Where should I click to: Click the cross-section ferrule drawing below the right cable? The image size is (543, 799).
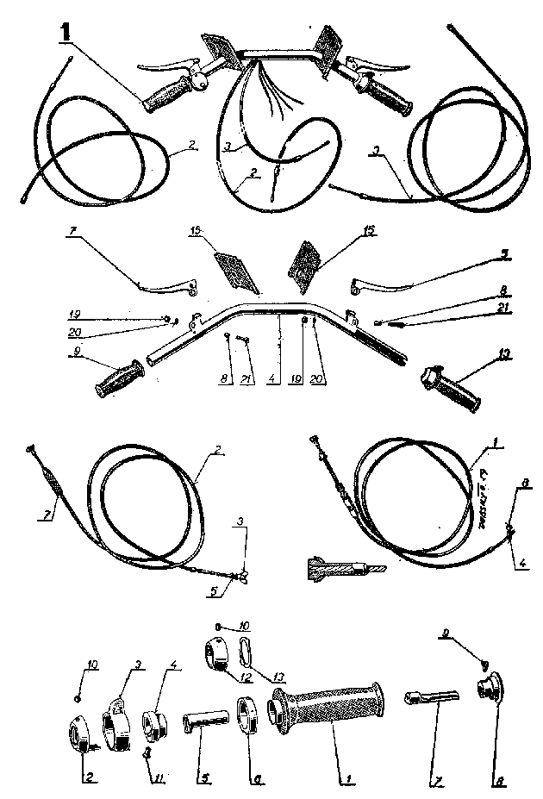(341, 570)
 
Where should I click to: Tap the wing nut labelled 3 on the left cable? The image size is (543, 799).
(244, 574)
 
